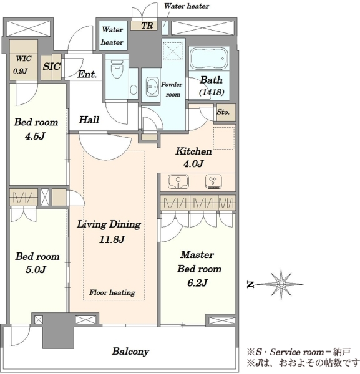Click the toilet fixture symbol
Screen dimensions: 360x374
117,68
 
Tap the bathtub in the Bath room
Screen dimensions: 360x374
208,59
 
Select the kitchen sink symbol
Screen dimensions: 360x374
178,181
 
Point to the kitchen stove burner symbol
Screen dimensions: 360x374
213,182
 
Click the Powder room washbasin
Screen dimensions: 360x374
152,87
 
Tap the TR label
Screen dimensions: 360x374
147,26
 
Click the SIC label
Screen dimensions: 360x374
51,66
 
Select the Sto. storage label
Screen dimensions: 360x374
223,112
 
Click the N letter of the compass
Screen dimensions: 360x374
250,284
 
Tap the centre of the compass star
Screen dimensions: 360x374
281,284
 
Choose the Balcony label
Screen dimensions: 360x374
130,352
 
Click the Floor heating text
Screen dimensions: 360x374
112,292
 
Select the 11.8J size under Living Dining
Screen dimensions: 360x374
112,239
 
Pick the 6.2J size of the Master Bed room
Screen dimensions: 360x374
197,283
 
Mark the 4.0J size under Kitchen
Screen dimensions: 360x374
193,163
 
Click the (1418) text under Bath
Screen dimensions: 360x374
212,92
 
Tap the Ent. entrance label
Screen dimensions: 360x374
87,74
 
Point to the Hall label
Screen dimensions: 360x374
89,120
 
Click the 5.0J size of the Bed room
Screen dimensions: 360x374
36,269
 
